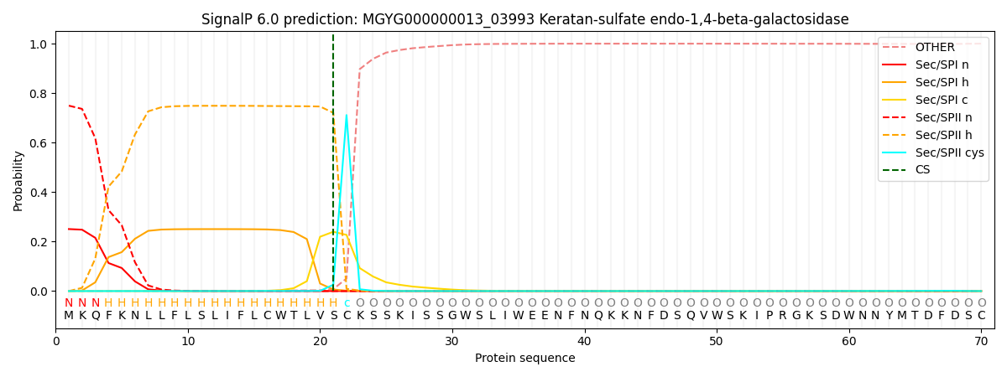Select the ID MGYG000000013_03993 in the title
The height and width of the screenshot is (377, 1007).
449,19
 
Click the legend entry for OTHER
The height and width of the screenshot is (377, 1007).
935,47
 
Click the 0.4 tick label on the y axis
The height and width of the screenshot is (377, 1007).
39,193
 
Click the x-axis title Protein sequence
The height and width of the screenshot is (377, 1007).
525,359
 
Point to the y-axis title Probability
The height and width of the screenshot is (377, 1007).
18,181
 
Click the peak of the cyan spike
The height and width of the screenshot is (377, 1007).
346,115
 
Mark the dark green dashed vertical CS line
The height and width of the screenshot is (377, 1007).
333,163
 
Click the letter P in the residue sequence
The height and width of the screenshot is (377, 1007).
770,315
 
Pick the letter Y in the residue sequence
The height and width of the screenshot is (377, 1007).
889,315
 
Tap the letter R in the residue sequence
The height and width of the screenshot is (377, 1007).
783,315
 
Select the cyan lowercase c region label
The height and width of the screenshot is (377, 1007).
347,303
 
